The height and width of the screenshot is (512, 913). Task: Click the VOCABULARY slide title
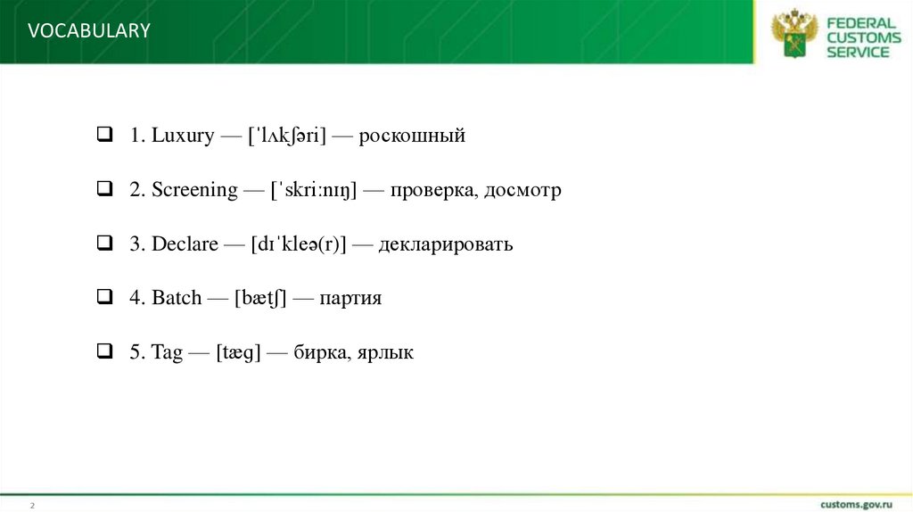click(x=89, y=31)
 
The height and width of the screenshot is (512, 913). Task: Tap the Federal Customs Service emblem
click(x=793, y=33)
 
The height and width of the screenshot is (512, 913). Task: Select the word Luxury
click(x=183, y=136)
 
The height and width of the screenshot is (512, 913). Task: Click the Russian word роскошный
click(x=412, y=136)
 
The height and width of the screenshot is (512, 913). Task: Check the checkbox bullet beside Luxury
click(x=103, y=136)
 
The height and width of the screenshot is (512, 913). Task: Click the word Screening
click(x=194, y=190)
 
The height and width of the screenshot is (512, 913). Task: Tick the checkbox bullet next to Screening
click(x=103, y=190)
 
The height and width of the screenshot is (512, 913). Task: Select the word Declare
click(x=185, y=244)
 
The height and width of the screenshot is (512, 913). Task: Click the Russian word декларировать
click(x=445, y=244)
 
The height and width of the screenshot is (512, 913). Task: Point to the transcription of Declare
click(x=299, y=244)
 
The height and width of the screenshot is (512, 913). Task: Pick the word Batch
click(x=177, y=298)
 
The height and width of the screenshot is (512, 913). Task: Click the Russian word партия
click(x=350, y=298)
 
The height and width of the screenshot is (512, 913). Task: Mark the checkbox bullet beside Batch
click(x=103, y=298)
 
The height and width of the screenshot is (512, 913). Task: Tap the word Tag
click(x=167, y=352)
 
